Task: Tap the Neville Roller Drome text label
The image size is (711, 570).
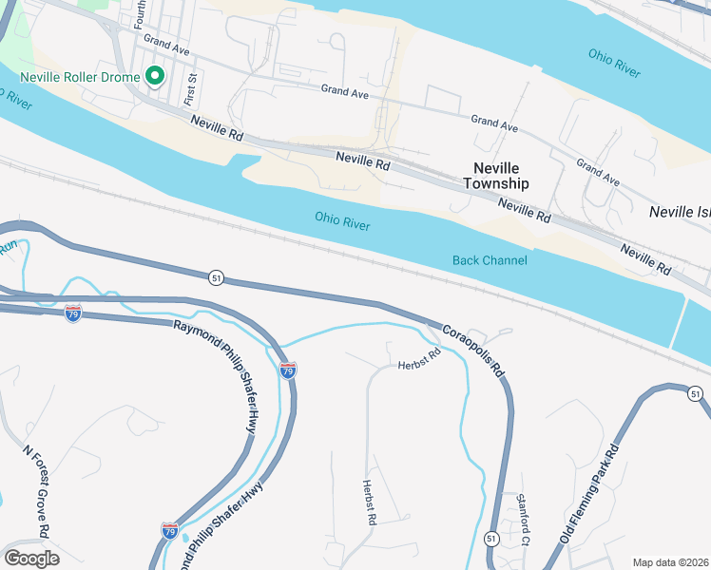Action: (x=79, y=76)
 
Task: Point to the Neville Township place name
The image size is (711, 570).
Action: (x=494, y=175)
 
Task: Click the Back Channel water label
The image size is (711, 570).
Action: (x=489, y=260)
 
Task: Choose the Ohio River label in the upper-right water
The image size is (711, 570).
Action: (x=614, y=63)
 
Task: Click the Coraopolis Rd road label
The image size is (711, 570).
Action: (x=472, y=351)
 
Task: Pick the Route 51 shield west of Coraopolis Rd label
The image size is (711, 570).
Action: (x=217, y=277)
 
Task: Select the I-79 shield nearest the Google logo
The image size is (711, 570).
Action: (x=169, y=529)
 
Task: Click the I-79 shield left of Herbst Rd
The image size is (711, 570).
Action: (x=288, y=370)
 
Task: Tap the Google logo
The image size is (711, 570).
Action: (x=31, y=559)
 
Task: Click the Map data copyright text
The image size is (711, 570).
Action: (x=671, y=562)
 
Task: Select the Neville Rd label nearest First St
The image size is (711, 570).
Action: (x=217, y=128)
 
